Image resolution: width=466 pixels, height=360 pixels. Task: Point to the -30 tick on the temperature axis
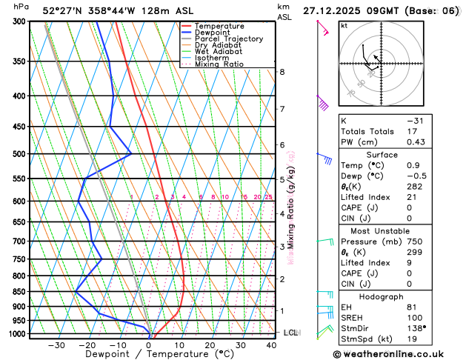[56, 345]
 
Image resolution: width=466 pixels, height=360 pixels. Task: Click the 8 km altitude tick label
[282, 72]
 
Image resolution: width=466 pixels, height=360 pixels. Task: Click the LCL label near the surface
[290, 333]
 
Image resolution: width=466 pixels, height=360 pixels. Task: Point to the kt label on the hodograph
[344, 25]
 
